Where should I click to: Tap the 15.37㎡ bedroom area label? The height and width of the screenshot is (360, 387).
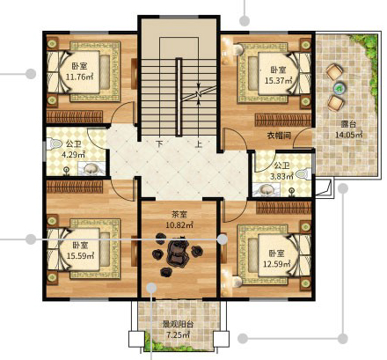(279, 80)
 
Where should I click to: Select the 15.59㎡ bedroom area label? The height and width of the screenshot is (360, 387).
(80, 256)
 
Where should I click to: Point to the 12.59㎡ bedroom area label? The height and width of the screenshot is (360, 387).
(277, 264)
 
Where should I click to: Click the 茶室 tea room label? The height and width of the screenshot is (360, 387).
(179, 215)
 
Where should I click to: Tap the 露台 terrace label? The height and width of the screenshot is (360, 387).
(348, 124)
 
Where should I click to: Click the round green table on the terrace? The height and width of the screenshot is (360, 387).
(339, 87)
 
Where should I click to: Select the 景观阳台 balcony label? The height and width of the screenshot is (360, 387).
(179, 325)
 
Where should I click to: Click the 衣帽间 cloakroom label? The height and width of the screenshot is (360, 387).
(279, 136)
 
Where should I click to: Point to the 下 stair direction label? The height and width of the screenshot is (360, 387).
(159, 144)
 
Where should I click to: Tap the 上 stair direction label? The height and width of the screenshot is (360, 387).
(199, 144)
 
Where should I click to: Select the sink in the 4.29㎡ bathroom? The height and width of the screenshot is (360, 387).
(91, 169)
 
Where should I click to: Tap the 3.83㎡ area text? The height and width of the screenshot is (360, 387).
(281, 176)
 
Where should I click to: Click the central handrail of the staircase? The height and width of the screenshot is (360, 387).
(179, 97)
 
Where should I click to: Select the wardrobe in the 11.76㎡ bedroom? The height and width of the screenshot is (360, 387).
(75, 117)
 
